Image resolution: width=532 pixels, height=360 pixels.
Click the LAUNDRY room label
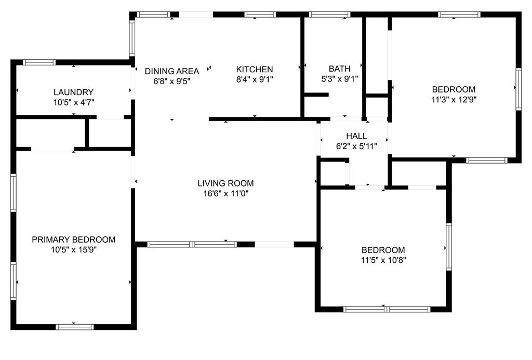[x=73, y=92]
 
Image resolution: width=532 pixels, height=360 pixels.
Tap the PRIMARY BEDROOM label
[x=73, y=239]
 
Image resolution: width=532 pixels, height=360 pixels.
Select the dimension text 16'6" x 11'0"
[x=225, y=194]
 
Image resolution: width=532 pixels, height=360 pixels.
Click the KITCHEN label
[x=255, y=69]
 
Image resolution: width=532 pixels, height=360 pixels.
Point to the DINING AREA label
[x=172, y=71]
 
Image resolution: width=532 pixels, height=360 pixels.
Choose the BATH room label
[x=339, y=69]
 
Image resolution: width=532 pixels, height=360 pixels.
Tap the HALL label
[x=356, y=136]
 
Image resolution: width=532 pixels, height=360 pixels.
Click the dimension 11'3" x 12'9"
[x=454, y=99]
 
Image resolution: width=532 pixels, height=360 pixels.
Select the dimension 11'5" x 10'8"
[x=383, y=260]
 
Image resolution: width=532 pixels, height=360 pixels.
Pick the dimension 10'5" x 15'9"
[x=73, y=250]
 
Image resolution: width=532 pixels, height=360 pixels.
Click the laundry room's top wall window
[x=39, y=62]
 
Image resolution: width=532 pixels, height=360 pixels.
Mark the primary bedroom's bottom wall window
[x=75, y=327]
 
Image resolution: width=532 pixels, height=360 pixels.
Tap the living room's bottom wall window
[x=192, y=244]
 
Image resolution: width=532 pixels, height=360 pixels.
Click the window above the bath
[x=330, y=15]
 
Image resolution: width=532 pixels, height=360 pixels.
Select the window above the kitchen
[x=260, y=15]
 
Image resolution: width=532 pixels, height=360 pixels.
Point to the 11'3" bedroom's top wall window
[x=459, y=15]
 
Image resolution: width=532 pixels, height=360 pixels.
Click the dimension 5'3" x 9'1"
[x=339, y=79]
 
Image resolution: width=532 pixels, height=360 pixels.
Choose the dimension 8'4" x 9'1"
[x=255, y=79]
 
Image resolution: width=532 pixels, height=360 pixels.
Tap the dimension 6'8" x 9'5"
[x=172, y=82]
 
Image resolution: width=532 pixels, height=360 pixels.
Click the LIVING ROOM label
[x=225, y=183]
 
